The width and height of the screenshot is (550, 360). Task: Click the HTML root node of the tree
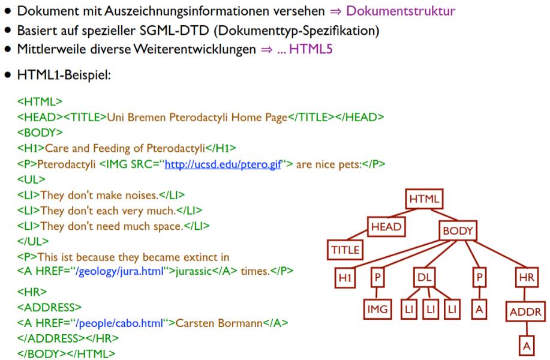[424, 199]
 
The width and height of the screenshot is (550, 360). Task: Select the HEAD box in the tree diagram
[386, 227]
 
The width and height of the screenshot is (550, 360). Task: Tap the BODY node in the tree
[458, 230]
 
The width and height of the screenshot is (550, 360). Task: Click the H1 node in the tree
[344, 278]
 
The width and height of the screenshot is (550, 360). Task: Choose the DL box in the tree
[425, 278]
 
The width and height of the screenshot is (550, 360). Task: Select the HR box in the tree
[525, 278]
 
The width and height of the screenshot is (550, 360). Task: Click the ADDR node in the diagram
[525, 312]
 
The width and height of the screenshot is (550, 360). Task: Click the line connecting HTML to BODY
[443, 214]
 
